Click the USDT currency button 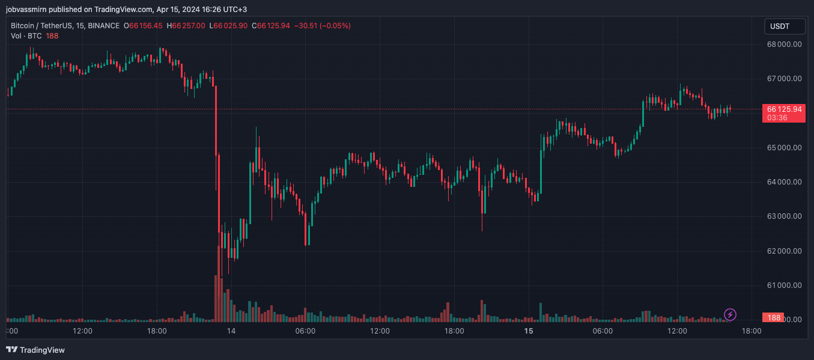pos(779,26)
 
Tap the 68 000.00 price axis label pos(782,44)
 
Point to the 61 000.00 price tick pos(782,285)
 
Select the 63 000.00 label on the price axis pos(782,216)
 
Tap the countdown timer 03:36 pos(777,118)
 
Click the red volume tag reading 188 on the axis pos(774,317)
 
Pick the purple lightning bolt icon pos(730,314)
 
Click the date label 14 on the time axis pos(231,331)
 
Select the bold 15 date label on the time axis pos(529,331)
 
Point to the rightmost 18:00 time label pos(752,331)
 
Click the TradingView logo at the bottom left pos(35,350)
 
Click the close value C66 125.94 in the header pos(271,26)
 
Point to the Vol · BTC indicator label pos(26,35)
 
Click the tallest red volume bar pos(216,298)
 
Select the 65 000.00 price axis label pos(782,147)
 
